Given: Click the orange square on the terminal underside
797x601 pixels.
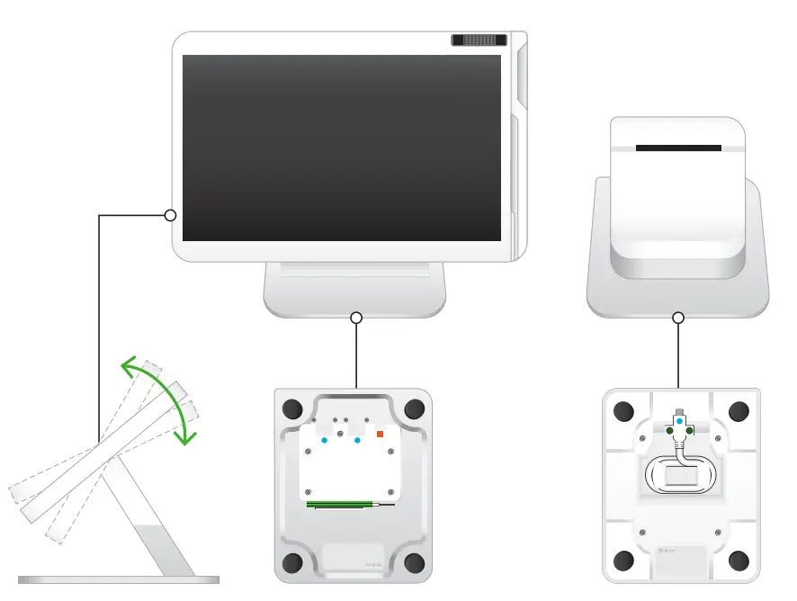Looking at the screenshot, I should pos(380,435).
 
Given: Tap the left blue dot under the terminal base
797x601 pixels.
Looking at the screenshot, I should pos(325,440).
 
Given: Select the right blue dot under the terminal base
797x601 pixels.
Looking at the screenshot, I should pos(357,440).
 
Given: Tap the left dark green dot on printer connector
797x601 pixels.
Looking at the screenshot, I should pos(669,431).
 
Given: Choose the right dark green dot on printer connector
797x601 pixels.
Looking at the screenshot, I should pos(690,431).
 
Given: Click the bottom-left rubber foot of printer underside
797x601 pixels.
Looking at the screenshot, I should pos(622,562).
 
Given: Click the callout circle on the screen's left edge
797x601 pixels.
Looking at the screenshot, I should pos(170,215).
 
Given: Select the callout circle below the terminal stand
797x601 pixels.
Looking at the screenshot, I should pos(356,318).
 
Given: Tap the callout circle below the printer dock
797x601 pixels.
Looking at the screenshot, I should pos(678,318).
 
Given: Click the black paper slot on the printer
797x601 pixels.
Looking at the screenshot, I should pos(677,148).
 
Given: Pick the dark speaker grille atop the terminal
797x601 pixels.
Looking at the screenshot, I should pos(479,40).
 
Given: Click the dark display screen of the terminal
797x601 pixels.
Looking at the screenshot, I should pos(342,148).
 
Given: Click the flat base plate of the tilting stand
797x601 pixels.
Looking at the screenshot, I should pos(118,579).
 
